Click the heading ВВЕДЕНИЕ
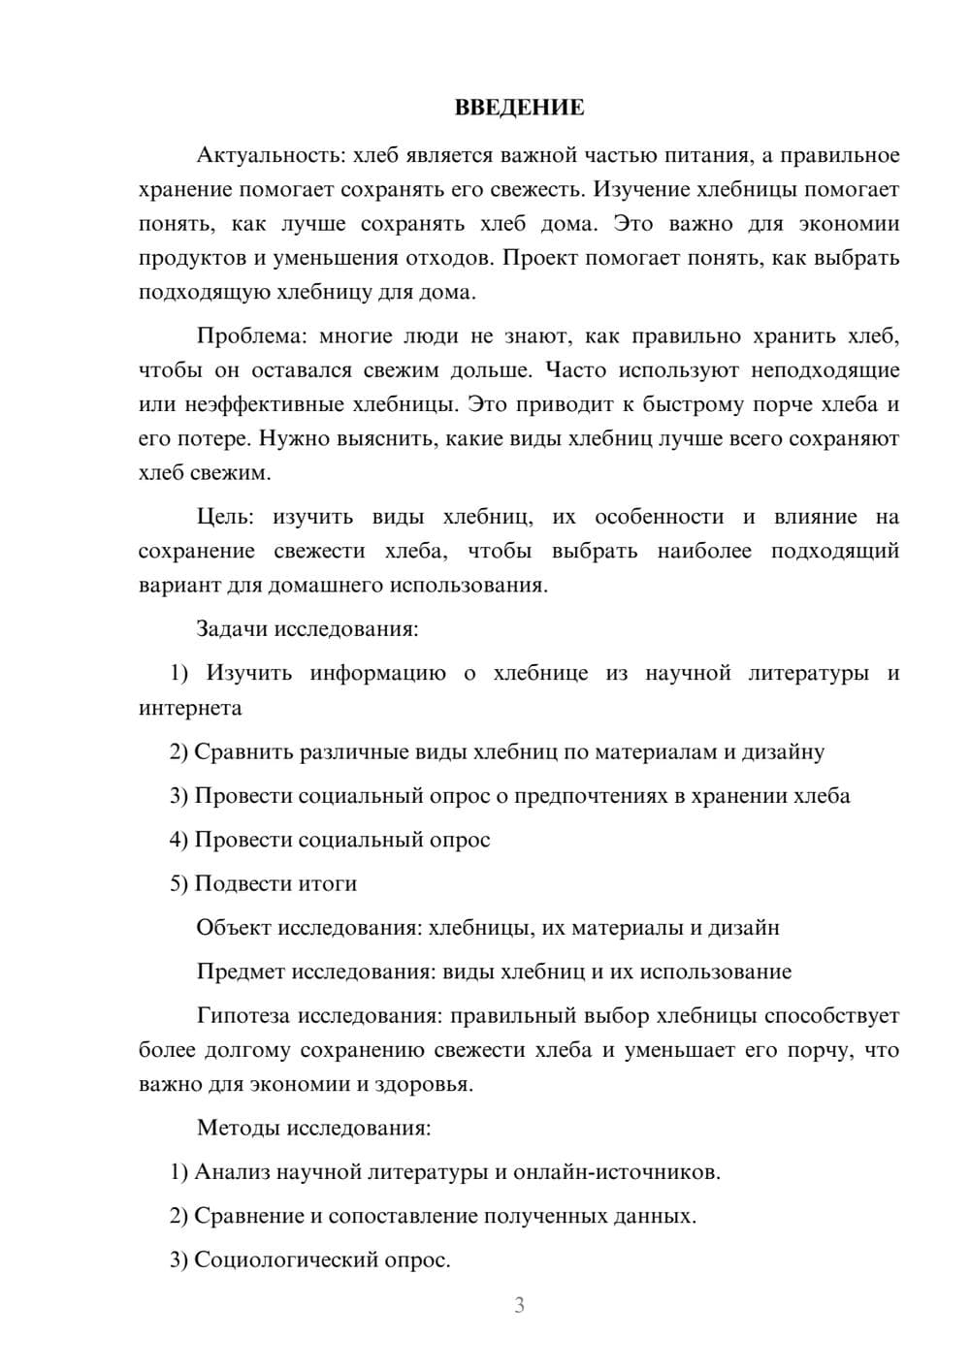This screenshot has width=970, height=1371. (x=519, y=108)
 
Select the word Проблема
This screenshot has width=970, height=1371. (x=250, y=336)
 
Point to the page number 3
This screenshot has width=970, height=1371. (x=519, y=1306)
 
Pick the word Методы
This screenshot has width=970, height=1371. (x=234, y=1128)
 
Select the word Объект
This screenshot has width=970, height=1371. (x=234, y=928)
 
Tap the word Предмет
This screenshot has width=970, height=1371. (x=241, y=972)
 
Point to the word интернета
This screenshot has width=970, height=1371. (x=190, y=708)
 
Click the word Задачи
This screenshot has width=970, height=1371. (x=232, y=629)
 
